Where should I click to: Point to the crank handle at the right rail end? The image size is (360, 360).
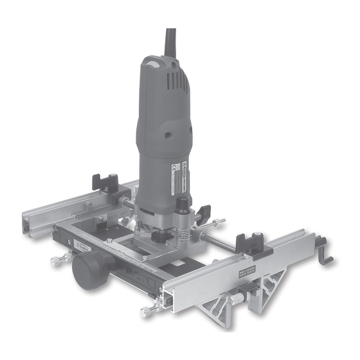[327, 253]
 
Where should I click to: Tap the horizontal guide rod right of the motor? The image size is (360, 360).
[219, 242]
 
